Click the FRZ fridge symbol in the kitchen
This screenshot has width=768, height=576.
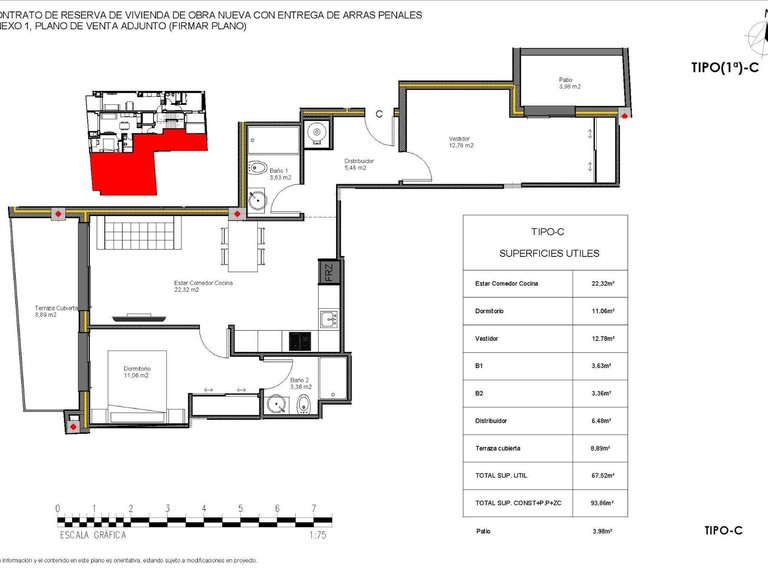tap(327, 271)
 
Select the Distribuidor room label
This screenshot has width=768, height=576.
tap(359, 164)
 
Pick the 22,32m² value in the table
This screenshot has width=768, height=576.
tap(601, 284)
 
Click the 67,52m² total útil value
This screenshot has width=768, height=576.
tap(601, 476)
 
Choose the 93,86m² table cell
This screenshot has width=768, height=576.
tap(601, 503)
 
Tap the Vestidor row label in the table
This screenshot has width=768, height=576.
tap(487, 339)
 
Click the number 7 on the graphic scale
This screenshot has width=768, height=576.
tap(314, 508)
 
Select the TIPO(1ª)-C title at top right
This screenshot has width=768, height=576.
tap(719, 68)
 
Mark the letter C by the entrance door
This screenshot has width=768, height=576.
tap(379, 114)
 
